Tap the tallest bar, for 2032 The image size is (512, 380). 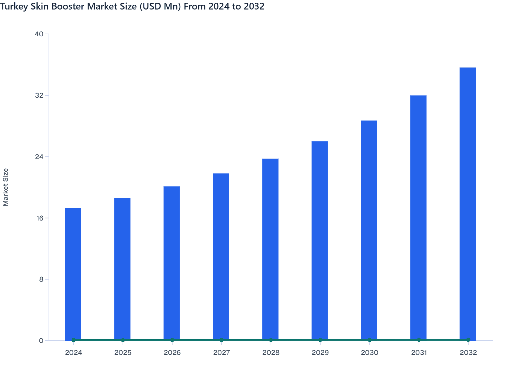coord(468,204)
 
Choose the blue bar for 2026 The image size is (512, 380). coord(172,263)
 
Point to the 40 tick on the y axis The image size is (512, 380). coord(39,34)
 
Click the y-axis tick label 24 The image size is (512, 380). coord(39,157)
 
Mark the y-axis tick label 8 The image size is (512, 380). coord(41,280)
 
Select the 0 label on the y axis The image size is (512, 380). coord(41,341)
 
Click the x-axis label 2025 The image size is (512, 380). coord(123,353)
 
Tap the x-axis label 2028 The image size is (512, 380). coord(271,353)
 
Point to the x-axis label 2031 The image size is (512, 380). coord(419,353)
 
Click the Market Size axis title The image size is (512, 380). coord(6,187)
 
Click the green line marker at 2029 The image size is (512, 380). coord(320,340)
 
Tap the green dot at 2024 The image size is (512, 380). coord(74,340)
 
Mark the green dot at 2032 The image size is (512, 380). coord(468,340)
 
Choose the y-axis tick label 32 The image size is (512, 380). coord(39,95)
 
